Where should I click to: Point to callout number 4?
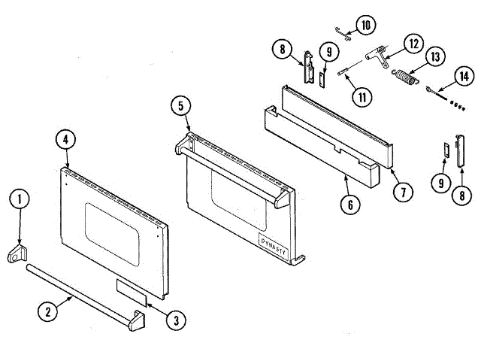coord(66,139)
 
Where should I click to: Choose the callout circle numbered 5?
coord(180,105)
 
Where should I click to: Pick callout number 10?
coord(366,25)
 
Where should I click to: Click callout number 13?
coord(437,57)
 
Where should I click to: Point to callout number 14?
coord(463,76)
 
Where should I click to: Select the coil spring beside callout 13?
coord(405,76)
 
